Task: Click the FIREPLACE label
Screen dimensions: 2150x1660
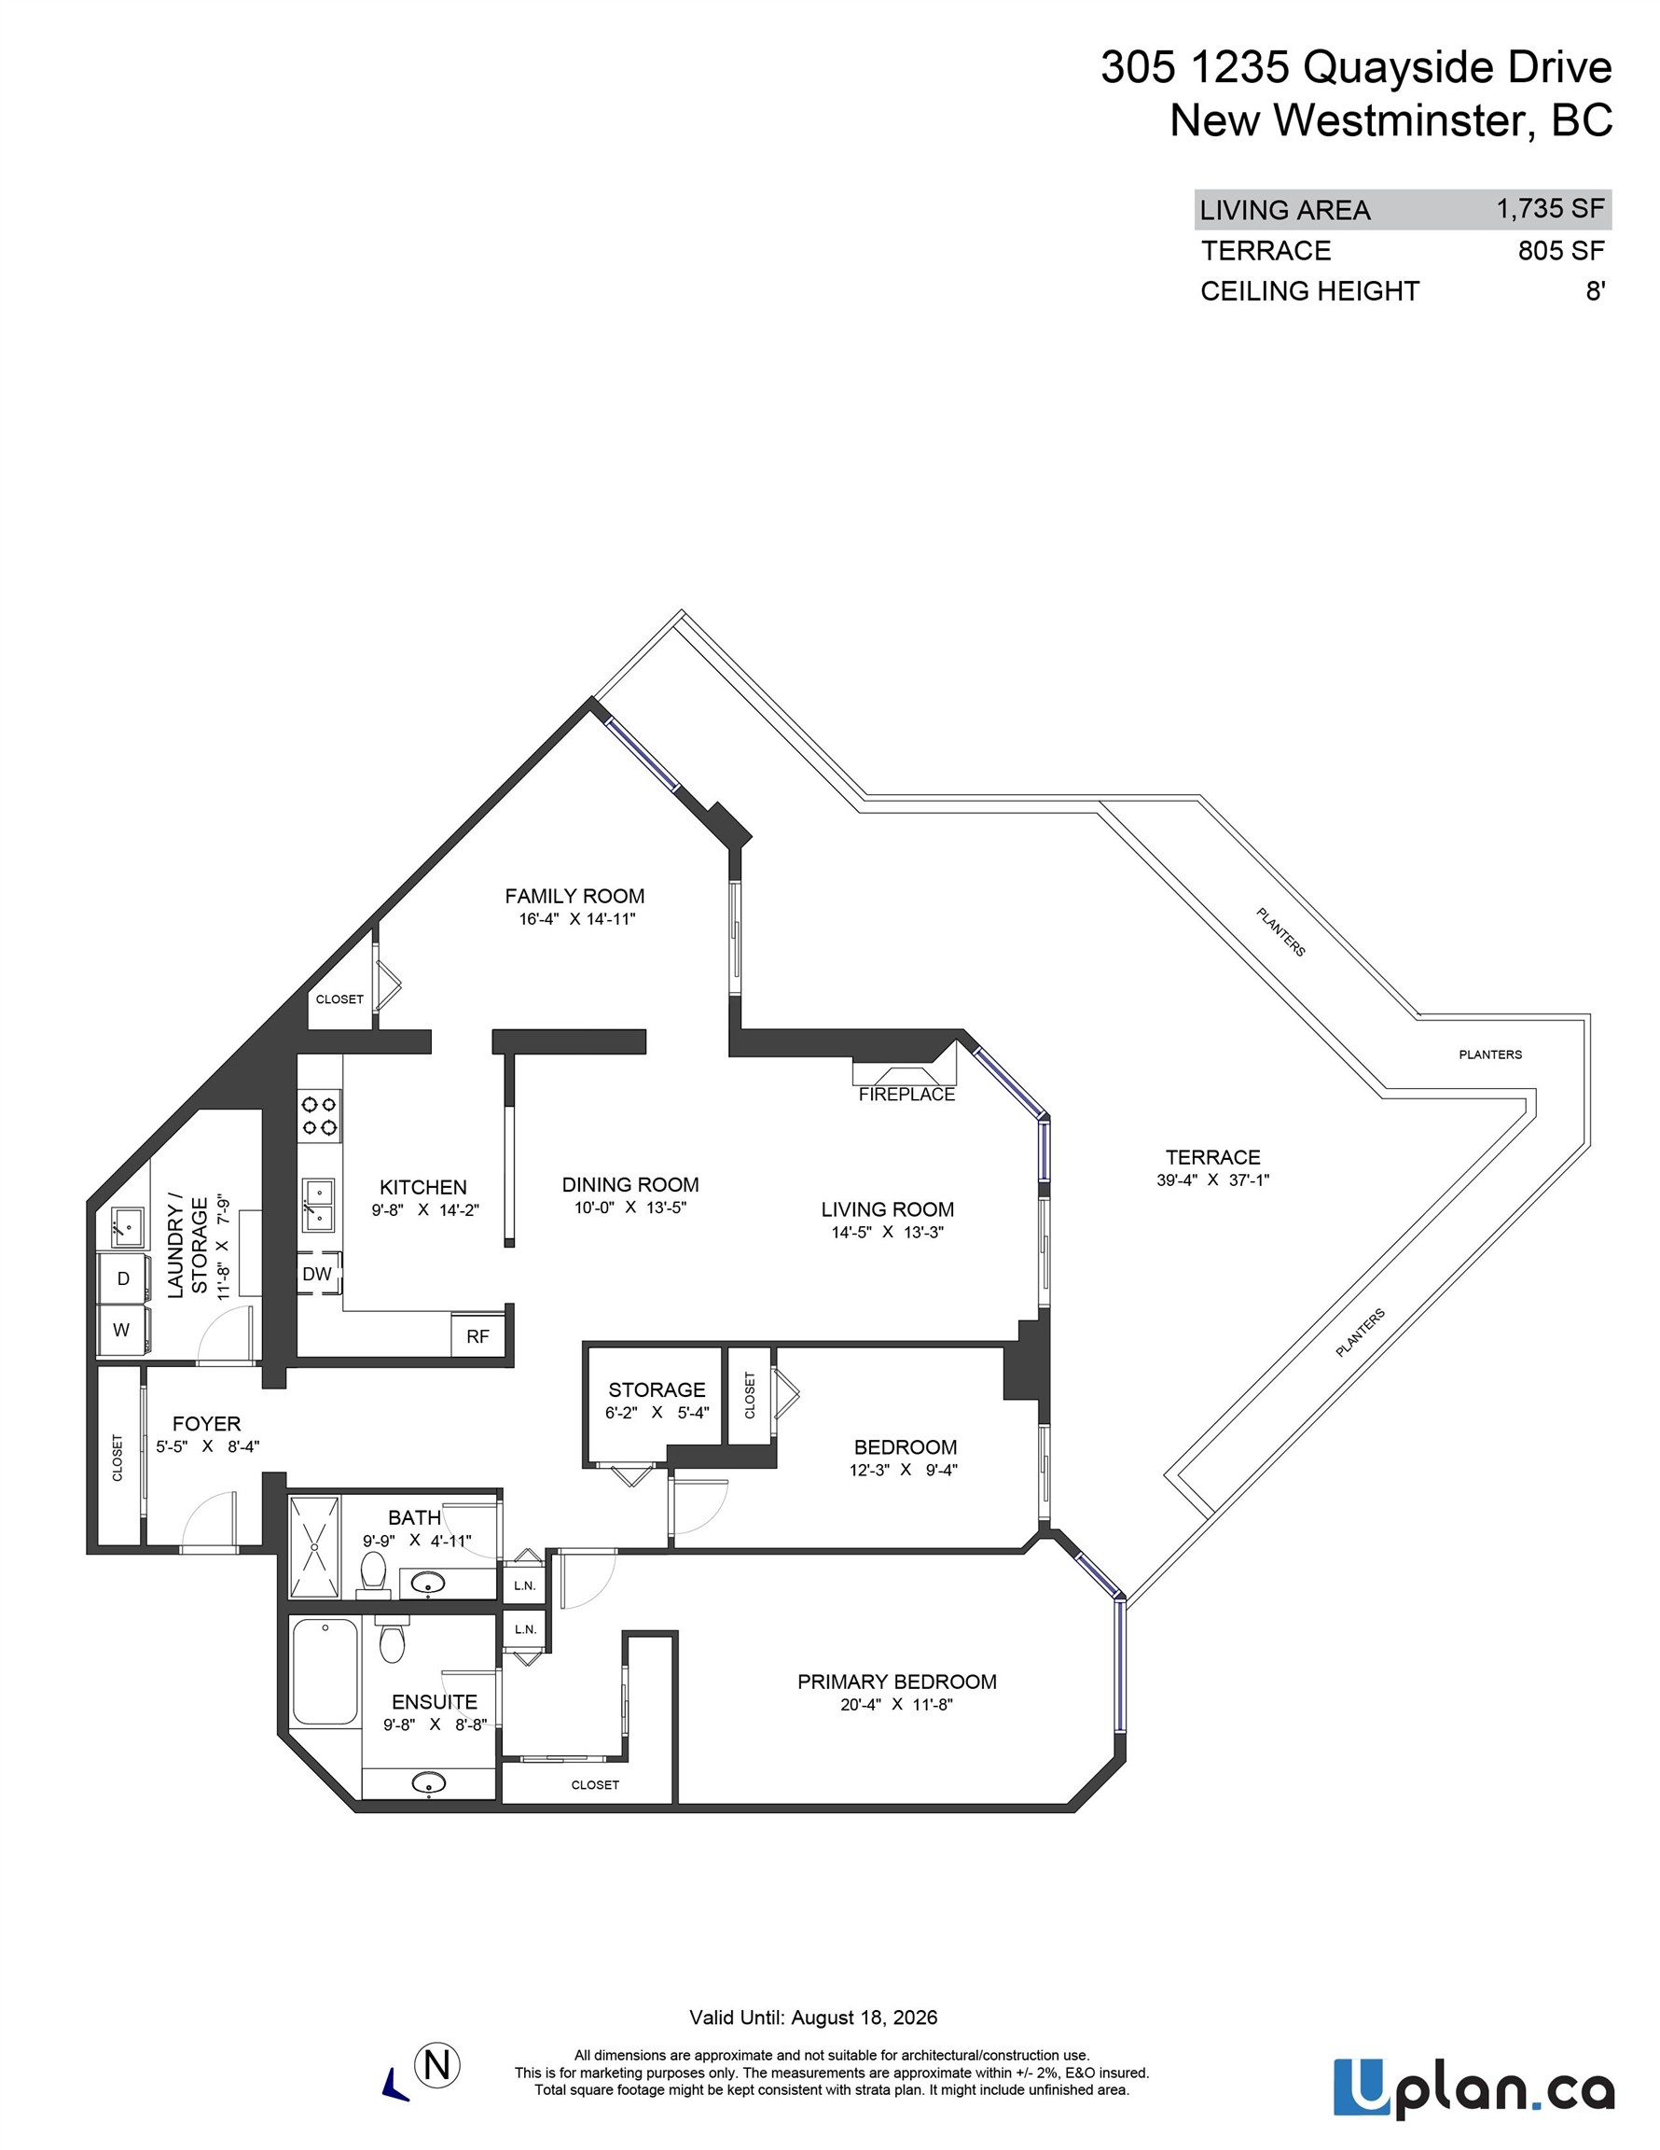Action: click(x=906, y=1094)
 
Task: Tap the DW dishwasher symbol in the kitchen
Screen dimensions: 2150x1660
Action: click(x=317, y=1274)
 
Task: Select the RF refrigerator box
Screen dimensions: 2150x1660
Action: click(x=477, y=1336)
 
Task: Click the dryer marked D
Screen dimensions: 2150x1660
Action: click(x=123, y=1277)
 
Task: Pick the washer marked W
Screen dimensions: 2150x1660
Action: click(x=122, y=1330)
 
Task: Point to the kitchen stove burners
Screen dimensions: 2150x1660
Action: click(x=319, y=1115)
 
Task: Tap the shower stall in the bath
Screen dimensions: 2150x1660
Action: click(x=314, y=1547)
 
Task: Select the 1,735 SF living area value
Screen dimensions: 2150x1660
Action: click(x=1550, y=209)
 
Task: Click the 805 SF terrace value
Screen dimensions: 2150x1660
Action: click(x=1560, y=250)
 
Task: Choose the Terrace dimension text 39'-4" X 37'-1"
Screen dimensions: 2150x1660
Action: click(x=1212, y=1180)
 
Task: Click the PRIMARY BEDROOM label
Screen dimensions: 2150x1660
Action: click(x=896, y=1682)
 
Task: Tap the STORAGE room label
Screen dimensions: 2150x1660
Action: click(x=657, y=1389)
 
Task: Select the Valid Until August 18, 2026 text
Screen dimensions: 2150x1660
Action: click(x=813, y=2017)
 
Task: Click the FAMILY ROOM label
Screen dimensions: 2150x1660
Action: click(x=574, y=896)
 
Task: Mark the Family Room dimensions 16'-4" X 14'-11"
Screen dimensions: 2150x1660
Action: click(x=577, y=918)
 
